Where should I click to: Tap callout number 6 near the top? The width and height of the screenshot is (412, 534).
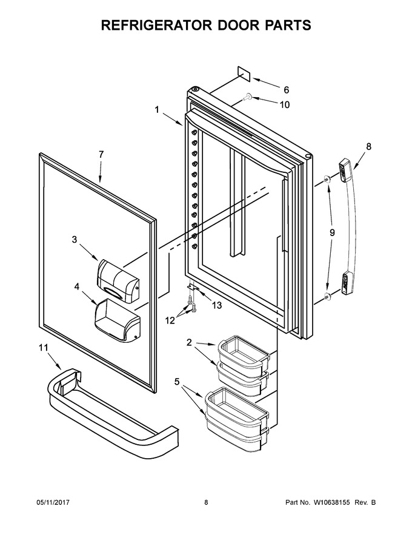pos(286,90)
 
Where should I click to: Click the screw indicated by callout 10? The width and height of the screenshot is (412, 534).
pos(247,98)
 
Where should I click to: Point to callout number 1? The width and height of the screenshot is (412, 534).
pos(157,110)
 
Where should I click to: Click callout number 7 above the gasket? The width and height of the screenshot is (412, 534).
pos(101,154)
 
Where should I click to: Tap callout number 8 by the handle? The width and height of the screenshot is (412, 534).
pos(369,146)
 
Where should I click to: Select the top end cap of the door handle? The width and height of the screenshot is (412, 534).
pos(345,169)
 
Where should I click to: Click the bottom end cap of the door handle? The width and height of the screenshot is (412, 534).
pos(347,283)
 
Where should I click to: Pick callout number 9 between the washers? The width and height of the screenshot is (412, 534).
pos(332,232)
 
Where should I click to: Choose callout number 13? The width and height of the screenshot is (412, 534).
pos(216,305)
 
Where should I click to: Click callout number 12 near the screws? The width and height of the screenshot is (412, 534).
pos(170,320)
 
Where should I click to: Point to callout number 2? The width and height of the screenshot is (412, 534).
pos(189,342)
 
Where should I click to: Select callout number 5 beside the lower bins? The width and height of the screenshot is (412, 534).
pos(177,382)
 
